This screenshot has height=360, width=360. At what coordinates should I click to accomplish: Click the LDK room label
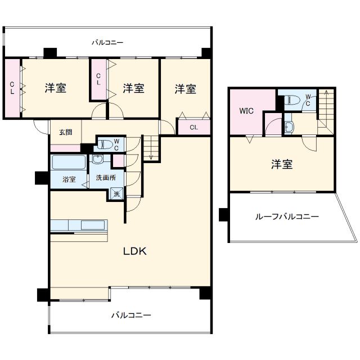click(135, 251)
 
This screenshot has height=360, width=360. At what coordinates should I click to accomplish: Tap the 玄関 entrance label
click(65, 133)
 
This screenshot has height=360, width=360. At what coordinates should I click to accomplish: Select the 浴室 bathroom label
click(69, 180)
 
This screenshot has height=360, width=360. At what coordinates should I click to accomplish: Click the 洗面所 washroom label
click(105, 177)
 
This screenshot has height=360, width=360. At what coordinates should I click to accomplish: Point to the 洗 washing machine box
click(116, 194)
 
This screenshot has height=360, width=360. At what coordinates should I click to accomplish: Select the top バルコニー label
click(107, 42)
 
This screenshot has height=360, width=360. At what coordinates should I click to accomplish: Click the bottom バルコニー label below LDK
click(130, 316)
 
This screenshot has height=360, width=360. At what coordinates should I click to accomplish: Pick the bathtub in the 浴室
click(69, 164)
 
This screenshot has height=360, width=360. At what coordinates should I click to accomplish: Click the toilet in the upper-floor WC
click(292, 101)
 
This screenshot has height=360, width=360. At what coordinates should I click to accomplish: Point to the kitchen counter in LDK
click(79, 226)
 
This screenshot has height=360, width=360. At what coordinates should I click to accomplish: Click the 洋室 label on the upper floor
click(282, 164)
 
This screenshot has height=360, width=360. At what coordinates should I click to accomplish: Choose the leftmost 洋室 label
click(56, 88)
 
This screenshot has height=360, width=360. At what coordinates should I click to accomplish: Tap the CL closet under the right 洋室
click(193, 127)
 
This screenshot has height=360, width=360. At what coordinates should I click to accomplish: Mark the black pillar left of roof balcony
click(224, 214)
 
